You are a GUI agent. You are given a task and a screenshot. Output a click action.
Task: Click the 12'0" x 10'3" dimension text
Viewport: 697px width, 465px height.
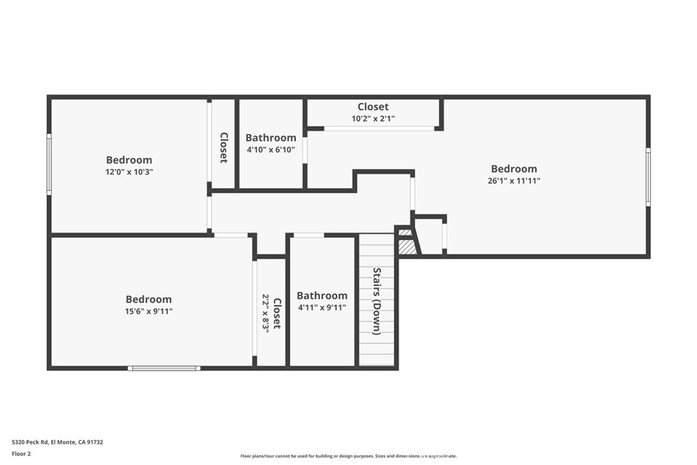click(129, 172)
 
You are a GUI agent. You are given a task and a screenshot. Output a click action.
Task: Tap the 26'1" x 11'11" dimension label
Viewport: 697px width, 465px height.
click(514, 180)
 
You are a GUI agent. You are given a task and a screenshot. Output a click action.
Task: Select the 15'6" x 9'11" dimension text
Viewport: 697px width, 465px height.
click(148, 311)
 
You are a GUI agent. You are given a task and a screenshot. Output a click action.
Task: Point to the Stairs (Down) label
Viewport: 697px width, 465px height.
click(376, 301)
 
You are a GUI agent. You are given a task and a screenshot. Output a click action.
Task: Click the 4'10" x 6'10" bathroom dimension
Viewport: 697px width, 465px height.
click(271, 149)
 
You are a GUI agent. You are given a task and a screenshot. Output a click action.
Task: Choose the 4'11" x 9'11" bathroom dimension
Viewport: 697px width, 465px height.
click(322, 307)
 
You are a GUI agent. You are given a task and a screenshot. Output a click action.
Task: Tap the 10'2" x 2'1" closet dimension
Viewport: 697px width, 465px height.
click(373, 118)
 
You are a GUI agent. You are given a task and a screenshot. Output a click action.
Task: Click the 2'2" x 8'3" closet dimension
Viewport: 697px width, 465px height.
click(266, 313)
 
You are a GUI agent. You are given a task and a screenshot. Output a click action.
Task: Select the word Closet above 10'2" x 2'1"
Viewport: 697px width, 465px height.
click(373, 107)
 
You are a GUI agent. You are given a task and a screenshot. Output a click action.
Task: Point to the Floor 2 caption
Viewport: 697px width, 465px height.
click(21, 454)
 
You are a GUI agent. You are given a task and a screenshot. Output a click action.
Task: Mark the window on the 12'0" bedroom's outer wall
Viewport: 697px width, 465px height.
click(49, 164)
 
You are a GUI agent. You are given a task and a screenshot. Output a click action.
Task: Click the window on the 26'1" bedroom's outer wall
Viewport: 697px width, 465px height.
click(648, 177)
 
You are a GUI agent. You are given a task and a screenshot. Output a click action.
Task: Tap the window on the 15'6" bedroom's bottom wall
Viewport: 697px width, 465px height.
click(164, 368)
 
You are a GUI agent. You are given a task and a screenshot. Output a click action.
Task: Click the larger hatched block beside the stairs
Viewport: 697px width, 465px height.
click(407, 247)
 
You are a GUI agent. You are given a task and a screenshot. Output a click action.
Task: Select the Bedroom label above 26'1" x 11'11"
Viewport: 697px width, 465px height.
click(514, 169)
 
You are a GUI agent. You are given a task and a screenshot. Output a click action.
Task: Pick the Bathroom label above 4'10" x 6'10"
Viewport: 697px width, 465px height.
click(271, 138)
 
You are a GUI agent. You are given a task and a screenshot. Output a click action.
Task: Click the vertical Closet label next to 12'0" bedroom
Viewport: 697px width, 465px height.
click(223, 148)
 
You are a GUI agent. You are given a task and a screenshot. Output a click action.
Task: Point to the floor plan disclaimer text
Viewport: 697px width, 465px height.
click(348, 455)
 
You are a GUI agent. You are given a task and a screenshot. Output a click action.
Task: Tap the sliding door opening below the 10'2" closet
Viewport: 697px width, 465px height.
click(379, 129)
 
